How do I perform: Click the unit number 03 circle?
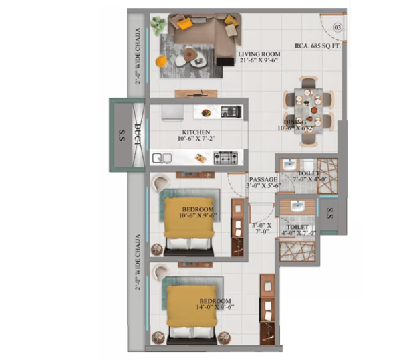(x=338, y=27)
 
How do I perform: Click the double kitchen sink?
(x=160, y=159)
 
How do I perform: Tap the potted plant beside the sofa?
(x=158, y=26)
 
